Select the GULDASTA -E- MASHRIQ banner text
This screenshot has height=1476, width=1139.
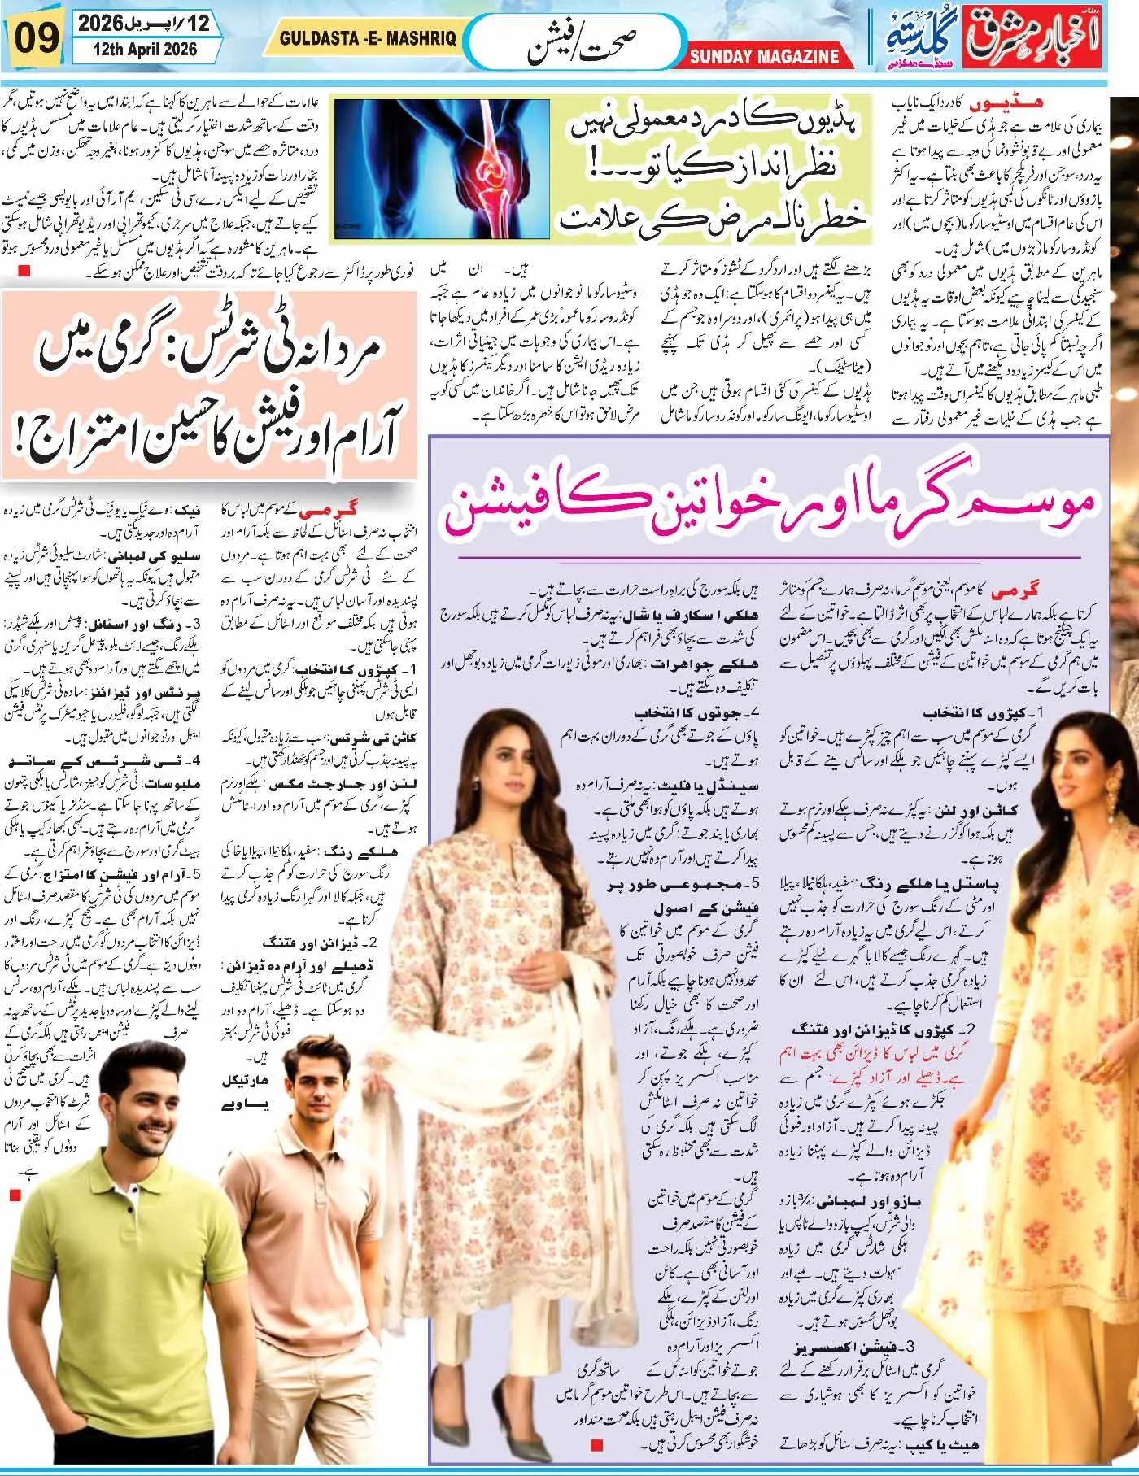coord(368,38)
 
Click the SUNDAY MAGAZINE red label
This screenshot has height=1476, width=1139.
coord(764,57)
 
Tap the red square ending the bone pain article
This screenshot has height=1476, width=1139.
coord(24,271)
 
